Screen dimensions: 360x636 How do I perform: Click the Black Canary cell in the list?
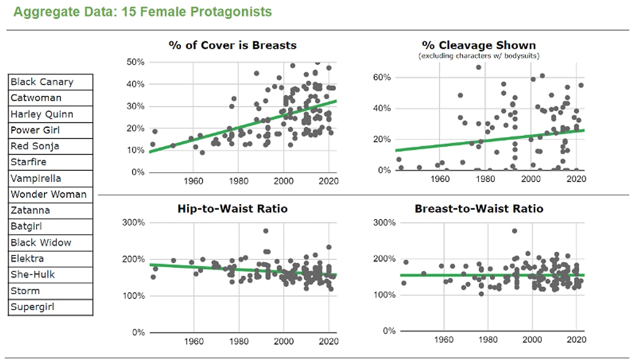pos(50,82)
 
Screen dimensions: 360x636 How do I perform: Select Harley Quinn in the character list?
pos(50,115)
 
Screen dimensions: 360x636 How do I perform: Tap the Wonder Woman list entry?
pos(50,195)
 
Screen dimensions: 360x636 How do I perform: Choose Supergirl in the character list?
pos(50,307)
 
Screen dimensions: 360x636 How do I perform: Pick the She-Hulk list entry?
pos(50,275)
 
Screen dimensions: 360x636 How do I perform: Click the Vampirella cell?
pos(50,179)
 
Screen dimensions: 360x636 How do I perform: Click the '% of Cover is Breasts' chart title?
pos(232,46)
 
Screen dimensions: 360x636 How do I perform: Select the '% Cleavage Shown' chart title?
pos(479,46)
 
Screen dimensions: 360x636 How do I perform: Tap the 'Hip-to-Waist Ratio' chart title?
pos(232,209)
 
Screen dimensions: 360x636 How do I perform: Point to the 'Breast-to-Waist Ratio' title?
pos(479,209)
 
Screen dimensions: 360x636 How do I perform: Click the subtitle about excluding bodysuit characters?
pos(479,55)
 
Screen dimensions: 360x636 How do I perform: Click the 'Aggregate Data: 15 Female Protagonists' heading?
pos(143,12)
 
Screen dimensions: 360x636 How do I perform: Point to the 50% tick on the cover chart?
pos(135,63)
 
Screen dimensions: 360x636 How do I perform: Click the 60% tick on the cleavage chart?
pos(381,77)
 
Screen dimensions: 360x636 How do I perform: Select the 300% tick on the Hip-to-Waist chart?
pos(133,222)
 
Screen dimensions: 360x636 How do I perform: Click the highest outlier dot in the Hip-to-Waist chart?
pos(266,231)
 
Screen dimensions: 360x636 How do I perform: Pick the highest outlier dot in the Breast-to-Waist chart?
pos(514,231)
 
